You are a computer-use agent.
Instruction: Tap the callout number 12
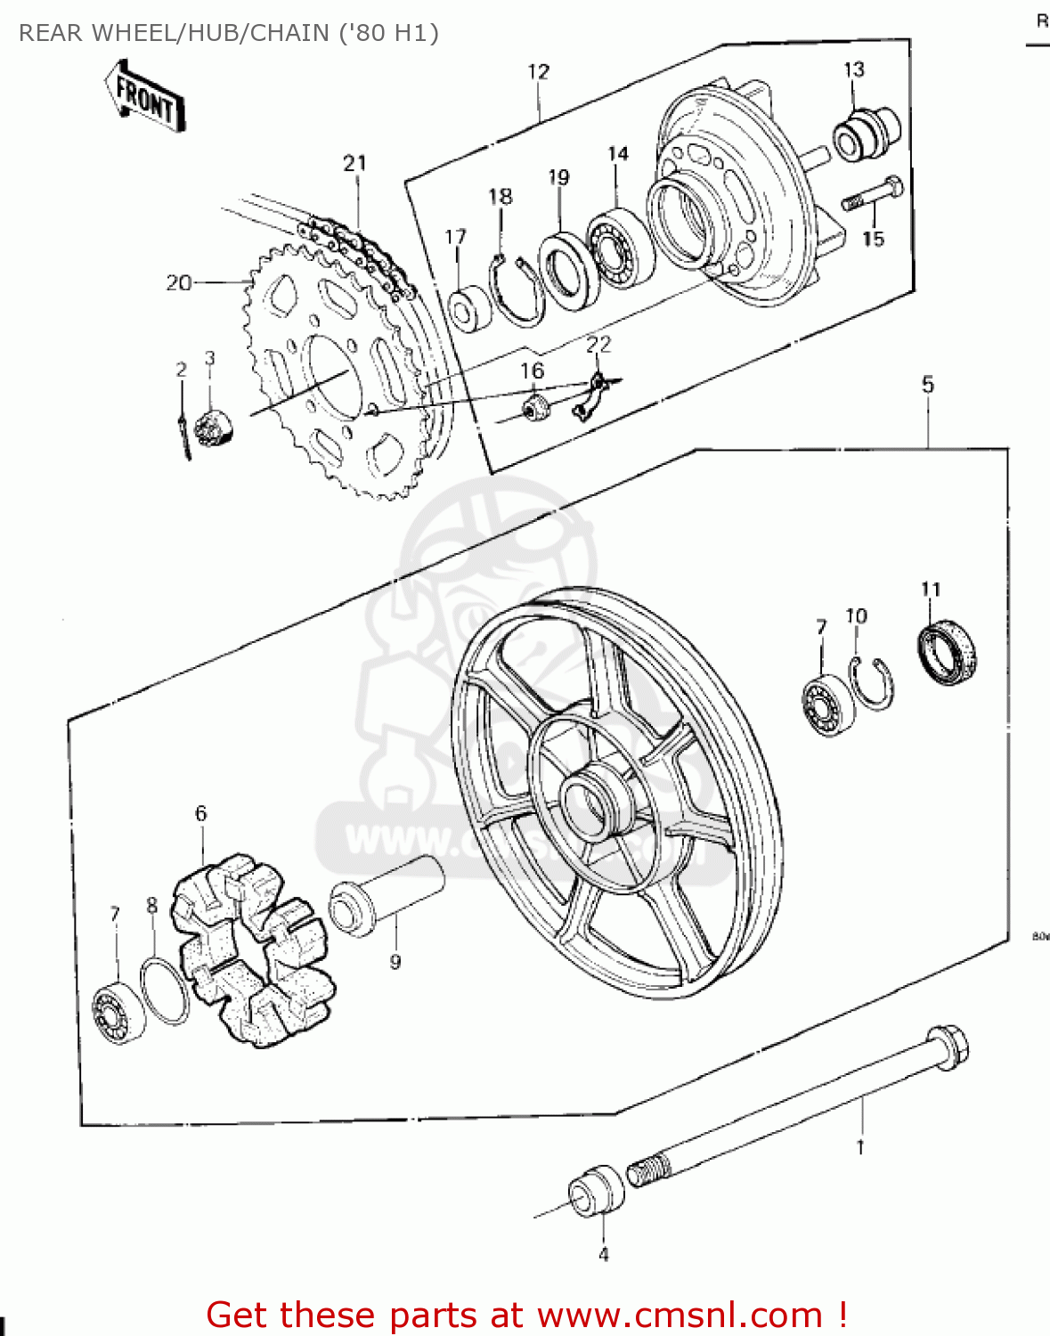[539, 72]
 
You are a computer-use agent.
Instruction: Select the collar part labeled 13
[865, 134]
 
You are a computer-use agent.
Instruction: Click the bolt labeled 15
[872, 195]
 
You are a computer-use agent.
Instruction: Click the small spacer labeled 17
[469, 308]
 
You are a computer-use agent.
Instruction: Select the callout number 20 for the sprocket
[178, 283]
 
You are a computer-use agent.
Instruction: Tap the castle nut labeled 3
[213, 427]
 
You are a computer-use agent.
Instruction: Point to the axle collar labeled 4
[596, 1190]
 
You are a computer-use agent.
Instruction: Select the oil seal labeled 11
[946, 655]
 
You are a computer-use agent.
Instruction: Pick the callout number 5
[928, 385]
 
